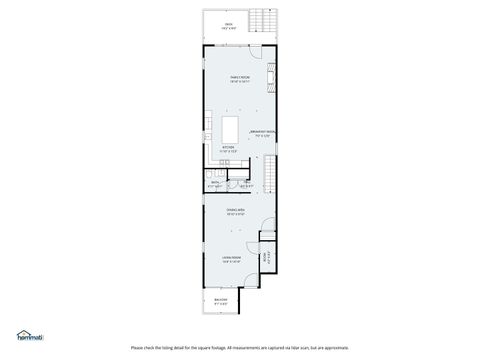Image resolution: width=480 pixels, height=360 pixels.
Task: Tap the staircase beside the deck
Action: [x=265, y=20]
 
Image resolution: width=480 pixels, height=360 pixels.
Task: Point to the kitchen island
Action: [x=231, y=130]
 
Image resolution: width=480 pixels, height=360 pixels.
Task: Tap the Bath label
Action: [x=215, y=182]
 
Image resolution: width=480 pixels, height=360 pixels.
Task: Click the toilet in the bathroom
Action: [x=212, y=176]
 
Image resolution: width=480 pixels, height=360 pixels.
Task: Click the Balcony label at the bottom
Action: [x=222, y=299]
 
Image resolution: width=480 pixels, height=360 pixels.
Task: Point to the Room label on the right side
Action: [x=264, y=257]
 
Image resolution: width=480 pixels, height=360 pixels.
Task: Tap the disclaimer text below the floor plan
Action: [x=240, y=348]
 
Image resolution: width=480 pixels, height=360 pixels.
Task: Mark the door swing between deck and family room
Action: [x=212, y=47]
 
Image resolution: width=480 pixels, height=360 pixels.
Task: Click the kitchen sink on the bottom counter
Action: [x=229, y=158]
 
